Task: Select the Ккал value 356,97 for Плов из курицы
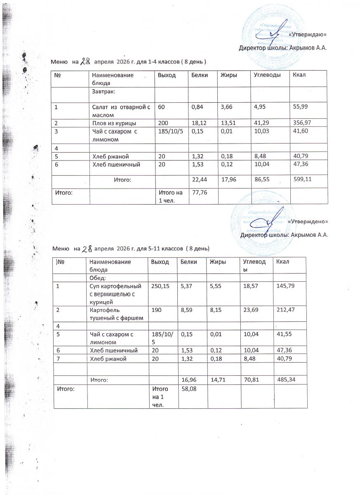301,123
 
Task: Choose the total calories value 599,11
302,179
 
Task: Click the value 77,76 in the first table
198,191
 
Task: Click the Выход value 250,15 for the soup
160,285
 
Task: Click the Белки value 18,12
199,123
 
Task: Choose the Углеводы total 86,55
262,179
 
